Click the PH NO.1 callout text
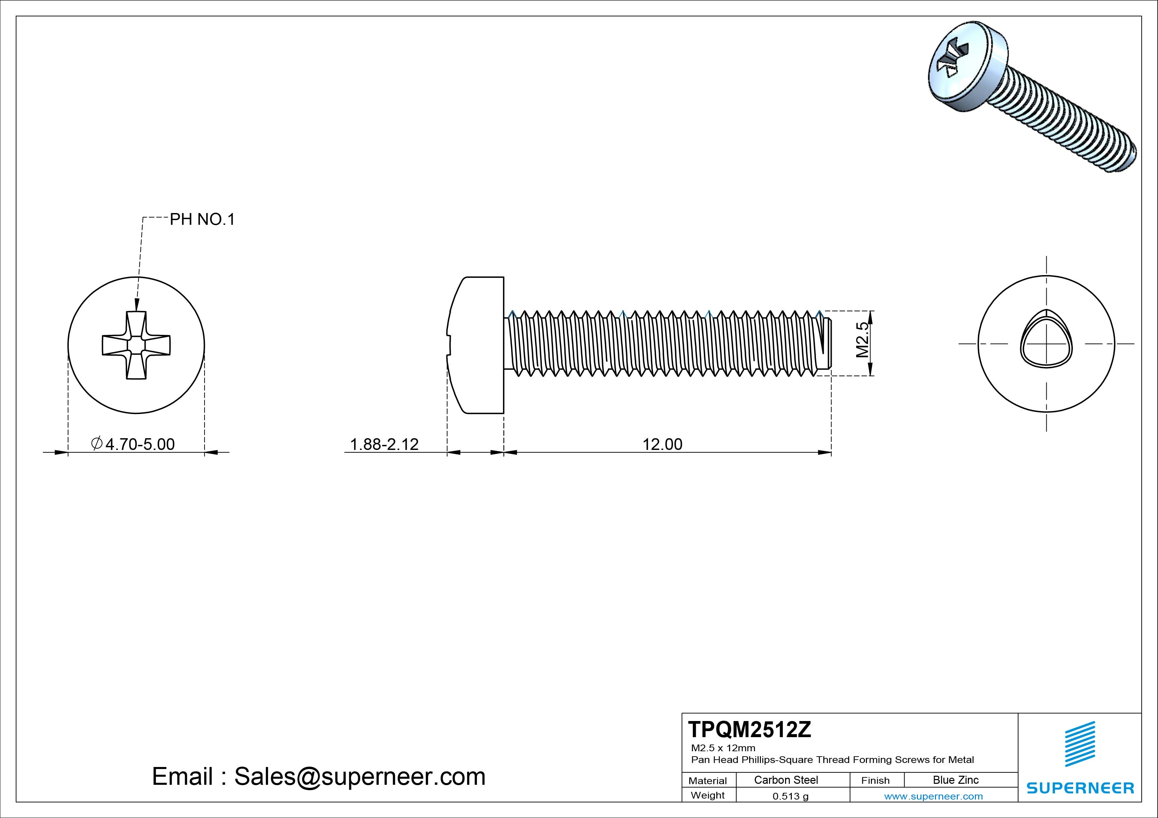[202, 219]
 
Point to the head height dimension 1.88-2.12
[384, 444]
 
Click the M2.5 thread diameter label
[863, 340]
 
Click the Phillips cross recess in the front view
[136, 345]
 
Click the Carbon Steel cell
[786, 780]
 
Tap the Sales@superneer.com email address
[360, 776]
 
